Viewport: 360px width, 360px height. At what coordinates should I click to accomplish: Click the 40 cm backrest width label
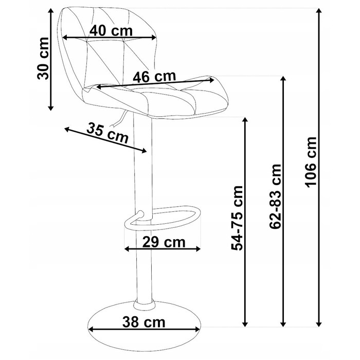[111, 30]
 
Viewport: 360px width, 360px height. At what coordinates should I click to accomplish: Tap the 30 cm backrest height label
[43, 59]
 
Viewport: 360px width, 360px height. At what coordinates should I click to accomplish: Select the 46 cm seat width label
[154, 77]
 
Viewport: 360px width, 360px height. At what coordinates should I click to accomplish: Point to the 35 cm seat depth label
[107, 133]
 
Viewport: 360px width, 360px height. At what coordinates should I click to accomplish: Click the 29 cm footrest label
[164, 242]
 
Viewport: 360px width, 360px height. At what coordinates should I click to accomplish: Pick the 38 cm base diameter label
[143, 322]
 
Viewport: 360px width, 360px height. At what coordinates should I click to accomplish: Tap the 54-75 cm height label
[237, 218]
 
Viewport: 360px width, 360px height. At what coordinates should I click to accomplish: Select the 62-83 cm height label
[275, 196]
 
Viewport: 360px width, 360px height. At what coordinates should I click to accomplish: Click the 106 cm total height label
[311, 162]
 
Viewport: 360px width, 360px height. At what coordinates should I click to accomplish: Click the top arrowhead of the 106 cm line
[318, 11]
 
